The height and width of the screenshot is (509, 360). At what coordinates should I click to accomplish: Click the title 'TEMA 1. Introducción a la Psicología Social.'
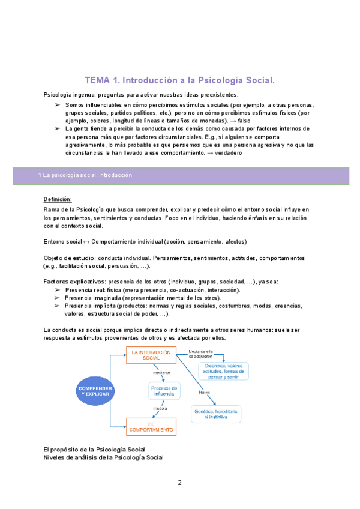180,79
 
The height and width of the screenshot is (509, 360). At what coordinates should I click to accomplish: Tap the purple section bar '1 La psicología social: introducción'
180,175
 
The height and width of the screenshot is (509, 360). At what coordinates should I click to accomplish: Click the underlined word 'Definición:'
58,199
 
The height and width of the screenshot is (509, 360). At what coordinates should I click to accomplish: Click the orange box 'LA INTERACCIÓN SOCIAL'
151,355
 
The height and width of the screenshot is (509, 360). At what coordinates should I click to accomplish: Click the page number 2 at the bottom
179,482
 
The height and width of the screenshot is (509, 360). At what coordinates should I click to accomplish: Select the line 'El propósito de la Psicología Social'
94,449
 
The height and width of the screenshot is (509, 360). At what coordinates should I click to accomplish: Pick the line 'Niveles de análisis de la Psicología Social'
103,457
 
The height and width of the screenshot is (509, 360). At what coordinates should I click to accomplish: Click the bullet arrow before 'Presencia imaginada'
58,298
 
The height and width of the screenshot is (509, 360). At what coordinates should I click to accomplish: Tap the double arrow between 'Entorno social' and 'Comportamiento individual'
86,241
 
